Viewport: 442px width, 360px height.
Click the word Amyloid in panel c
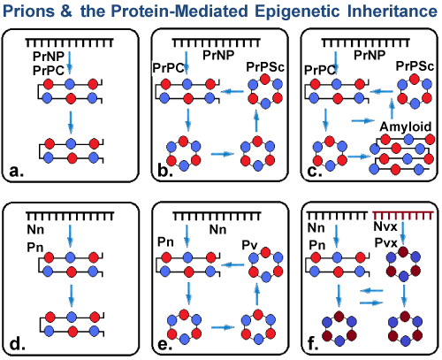(406, 126)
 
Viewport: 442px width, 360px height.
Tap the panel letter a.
(17, 171)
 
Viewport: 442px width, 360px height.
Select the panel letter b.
(165, 170)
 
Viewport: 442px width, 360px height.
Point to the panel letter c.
(315, 171)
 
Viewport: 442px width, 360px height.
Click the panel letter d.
(18, 343)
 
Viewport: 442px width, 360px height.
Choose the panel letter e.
(165, 344)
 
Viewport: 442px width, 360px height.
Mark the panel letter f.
(313, 343)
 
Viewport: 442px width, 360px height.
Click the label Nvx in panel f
(385, 226)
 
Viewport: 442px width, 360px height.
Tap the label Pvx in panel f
(386, 243)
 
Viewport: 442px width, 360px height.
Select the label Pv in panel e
(249, 245)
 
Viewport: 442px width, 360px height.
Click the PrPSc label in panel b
(265, 67)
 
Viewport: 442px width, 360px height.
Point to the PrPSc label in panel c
(415, 66)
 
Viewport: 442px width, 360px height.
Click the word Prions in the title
(28, 11)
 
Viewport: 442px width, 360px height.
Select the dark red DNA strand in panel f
(403, 216)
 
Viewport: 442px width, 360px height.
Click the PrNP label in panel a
(49, 56)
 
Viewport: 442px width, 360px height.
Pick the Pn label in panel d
(35, 248)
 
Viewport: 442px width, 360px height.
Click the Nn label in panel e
(217, 229)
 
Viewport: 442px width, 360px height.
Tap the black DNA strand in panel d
(70, 217)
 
